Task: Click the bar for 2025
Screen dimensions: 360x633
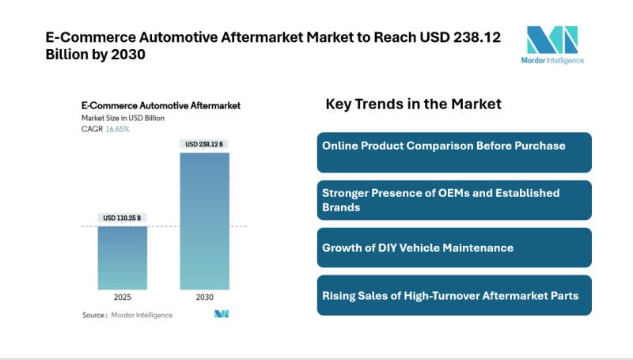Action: click(122, 257)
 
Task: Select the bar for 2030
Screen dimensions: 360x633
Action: click(204, 221)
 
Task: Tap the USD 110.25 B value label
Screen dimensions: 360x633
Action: click(122, 218)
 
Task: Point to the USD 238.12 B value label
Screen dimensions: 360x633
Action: click(204, 144)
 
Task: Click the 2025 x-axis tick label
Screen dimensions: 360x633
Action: click(122, 298)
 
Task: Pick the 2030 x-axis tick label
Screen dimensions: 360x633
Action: click(204, 298)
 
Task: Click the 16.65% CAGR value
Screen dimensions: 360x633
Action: click(119, 129)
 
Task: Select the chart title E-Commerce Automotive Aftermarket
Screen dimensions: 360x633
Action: click(161, 105)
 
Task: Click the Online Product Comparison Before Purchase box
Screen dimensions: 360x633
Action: click(454, 152)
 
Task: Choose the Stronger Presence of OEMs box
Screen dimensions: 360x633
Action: click(454, 200)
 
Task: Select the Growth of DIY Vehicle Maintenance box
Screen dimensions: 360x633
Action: click(454, 248)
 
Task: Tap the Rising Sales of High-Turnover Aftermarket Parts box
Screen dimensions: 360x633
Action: click(454, 295)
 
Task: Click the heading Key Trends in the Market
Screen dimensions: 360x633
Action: click(413, 104)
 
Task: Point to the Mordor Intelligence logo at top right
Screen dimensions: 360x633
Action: click(552, 44)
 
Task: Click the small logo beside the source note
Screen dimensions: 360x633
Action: click(222, 314)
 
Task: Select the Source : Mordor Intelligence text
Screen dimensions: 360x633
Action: click(127, 315)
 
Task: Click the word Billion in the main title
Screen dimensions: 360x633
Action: click(67, 54)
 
